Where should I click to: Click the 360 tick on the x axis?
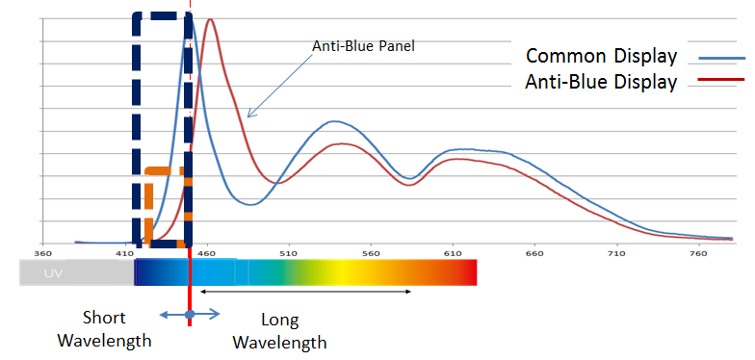(x=42, y=253)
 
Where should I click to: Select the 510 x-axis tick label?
(x=289, y=253)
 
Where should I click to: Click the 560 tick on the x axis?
(x=371, y=253)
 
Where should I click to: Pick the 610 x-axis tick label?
(x=453, y=253)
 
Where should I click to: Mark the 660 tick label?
(x=534, y=253)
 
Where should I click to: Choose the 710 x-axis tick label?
(x=616, y=253)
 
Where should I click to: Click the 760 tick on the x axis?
(x=699, y=253)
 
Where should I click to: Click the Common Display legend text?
(x=601, y=56)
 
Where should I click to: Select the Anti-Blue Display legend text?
(x=601, y=82)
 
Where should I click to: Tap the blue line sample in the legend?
(x=722, y=58)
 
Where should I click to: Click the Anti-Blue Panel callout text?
(x=364, y=46)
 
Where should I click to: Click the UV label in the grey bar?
(x=54, y=273)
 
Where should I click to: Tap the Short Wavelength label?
(x=104, y=329)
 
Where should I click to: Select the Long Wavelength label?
(x=279, y=331)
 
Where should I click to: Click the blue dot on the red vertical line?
(x=190, y=314)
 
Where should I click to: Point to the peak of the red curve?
(x=210, y=19)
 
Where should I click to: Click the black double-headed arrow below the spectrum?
(x=305, y=291)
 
